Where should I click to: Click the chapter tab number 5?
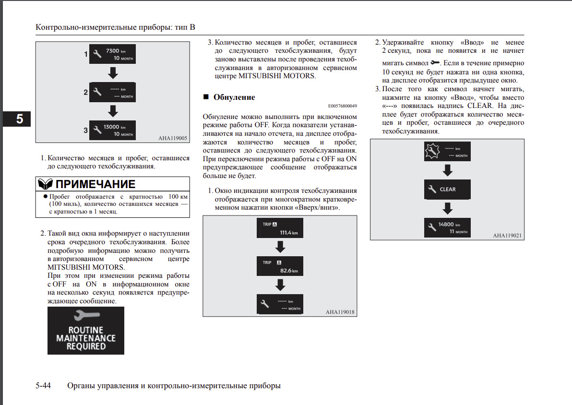20,119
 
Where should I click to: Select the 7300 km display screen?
113,54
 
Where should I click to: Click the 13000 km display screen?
113,131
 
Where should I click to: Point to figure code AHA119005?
172,138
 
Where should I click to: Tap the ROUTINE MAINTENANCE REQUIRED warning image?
86,331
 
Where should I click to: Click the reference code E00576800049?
343,106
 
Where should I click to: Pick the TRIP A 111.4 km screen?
280,228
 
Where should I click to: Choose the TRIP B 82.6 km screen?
280,266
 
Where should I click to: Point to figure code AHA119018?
340,312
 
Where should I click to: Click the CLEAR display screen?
447,189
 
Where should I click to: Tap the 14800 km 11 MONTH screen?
447,227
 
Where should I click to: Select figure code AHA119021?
507,236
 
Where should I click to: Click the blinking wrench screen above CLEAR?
447,151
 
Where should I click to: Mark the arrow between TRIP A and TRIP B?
280,247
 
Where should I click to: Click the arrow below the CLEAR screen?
447,208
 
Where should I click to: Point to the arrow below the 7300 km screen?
113,73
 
